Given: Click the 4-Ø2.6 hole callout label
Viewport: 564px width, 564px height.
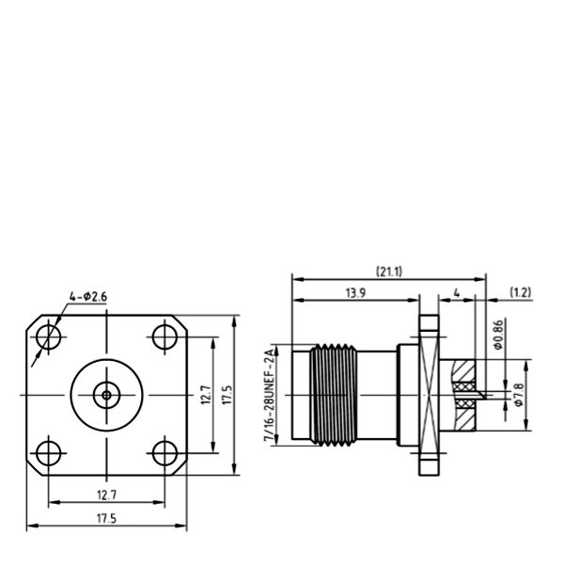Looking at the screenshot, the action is pos(88,297).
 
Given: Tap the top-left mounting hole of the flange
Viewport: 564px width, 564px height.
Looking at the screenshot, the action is pos(49,337).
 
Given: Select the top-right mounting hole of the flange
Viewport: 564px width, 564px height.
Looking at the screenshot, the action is pos(164,337).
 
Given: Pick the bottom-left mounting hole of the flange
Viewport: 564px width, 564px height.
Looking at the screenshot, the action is pos(49,453).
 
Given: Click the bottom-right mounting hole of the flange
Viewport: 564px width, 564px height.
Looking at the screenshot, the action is pos(164,453).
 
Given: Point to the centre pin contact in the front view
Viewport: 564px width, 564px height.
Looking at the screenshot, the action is pos(106,396).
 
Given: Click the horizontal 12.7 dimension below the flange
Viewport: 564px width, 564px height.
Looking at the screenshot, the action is pos(107,495).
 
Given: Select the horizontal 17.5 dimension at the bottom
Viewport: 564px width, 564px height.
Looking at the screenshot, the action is pos(107,519).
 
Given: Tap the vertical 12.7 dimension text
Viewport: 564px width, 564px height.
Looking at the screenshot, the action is pos(206,395).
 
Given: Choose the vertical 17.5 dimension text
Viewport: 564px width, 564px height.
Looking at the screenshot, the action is pos(227,395).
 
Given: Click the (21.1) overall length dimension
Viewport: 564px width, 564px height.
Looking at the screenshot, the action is pos(389,272).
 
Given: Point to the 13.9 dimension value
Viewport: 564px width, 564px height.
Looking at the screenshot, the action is pos(355,293).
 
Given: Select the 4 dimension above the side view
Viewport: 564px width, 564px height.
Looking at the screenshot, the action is pos(457,293).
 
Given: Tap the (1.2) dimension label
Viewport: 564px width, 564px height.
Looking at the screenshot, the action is pos(521,292).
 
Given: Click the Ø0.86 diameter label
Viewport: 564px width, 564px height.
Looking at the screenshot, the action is pos(498,335).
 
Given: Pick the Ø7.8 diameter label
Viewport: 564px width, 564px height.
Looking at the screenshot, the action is pos(519,395).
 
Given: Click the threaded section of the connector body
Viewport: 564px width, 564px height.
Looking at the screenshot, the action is pos(334,395).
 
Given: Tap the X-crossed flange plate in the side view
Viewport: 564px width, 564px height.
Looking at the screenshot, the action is pos(429,395).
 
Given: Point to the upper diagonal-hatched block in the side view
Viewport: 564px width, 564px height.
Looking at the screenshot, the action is pos(464,370).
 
